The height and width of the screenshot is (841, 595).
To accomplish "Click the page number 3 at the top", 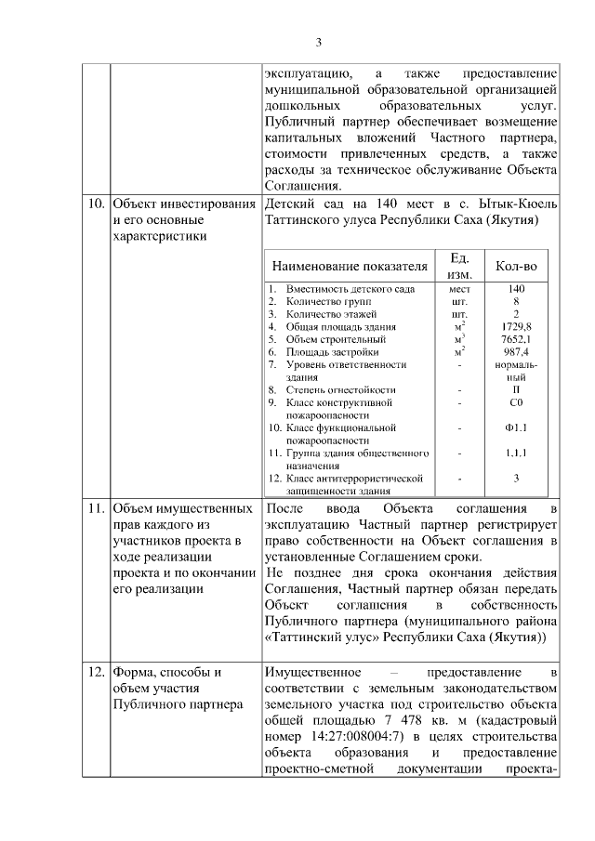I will [318, 42].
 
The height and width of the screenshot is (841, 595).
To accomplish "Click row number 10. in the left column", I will [95, 204].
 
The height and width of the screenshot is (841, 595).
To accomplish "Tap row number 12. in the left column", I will [95, 672].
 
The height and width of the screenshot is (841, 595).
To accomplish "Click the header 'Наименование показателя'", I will [350, 267].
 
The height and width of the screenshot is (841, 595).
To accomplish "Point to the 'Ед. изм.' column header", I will [458, 266].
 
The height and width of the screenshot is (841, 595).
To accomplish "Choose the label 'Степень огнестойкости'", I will [340, 389].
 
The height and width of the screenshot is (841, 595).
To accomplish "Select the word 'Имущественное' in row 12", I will [310, 672].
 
